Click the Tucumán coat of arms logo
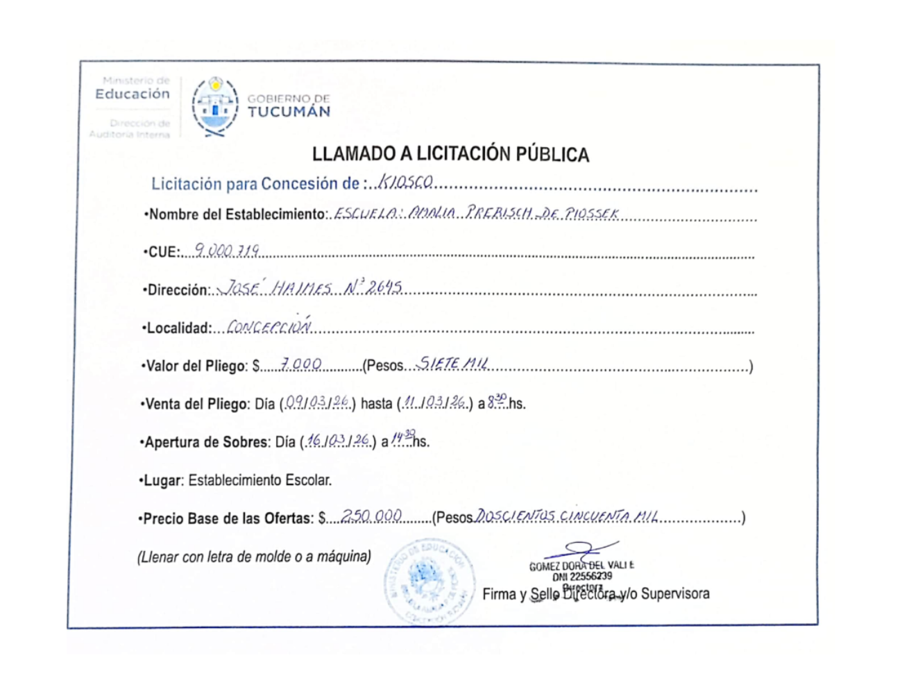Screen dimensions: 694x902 click(215, 106)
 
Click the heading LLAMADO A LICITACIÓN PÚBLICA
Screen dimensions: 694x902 click(450, 154)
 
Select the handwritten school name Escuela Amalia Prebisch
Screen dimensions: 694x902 click(476, 213)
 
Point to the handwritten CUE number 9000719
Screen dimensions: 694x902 click(227, 250)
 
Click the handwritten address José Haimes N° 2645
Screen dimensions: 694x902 click(310, 287)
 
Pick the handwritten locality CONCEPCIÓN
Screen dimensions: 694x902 click(269, 325)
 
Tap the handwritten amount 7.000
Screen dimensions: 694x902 click(300, 364)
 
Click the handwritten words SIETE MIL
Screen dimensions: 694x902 click(452, 363)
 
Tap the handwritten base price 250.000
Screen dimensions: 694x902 click(372, 516)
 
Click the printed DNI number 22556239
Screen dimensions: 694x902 click(582, 576)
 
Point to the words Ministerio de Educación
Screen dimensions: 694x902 click(133, 88)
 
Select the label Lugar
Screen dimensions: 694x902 click(163, 480)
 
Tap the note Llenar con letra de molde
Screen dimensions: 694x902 click(254, 557)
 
